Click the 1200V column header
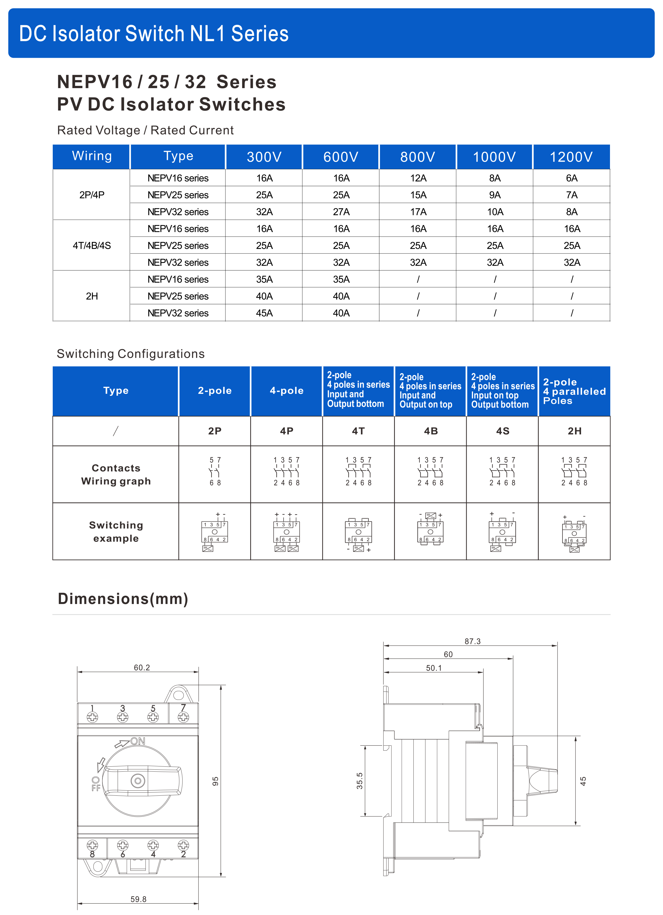coord(571,157)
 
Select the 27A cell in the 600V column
coord(341,212)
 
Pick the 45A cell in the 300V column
coord(264,313)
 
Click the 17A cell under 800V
coord(418,212)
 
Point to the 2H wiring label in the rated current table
coord(92,296)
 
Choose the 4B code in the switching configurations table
coord(431,431)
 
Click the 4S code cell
coord(503,431)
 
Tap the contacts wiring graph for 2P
coord(215,471)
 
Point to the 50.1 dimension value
coord(434,668)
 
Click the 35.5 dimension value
coord(359,781)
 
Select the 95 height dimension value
coord(215,781)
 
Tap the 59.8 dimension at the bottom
coord(138,899)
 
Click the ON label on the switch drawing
coord(138,741)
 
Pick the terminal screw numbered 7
coord(184,717)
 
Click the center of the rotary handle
coord(138,781)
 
